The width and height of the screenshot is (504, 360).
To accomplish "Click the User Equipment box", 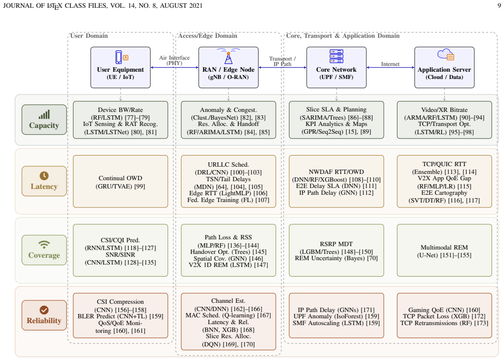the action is [x=121, y=67].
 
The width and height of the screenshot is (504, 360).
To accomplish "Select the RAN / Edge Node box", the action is [x=229, y=67].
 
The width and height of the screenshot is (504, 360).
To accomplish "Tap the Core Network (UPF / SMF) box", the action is [x=336, y=67].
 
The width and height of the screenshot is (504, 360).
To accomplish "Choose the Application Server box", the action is [x=444, y=67].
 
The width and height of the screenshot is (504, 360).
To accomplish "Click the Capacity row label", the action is [x=45, y=120].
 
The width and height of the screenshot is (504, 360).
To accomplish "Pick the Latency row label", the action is [x=45, y=181].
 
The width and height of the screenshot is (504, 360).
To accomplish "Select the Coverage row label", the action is [x=45, y=250].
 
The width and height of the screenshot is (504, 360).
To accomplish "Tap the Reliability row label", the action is [x=45, y=315].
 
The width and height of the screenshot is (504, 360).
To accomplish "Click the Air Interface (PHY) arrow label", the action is [x=174, y=60].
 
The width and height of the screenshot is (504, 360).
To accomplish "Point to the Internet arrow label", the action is [x=390, y=64].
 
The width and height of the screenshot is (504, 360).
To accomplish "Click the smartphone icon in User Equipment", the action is [x=119, y=57].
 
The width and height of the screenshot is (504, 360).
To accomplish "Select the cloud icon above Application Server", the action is [x=446, y=54].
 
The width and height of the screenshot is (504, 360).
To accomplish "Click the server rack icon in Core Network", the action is [x=336, y=56].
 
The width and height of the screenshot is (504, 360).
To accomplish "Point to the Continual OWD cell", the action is [x=121, y=182].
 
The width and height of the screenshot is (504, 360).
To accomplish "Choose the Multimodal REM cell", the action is [x=444, y=250].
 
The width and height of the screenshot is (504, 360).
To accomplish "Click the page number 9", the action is [x=499, y=5].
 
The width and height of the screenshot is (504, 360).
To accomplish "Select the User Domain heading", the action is [x=89, y=36].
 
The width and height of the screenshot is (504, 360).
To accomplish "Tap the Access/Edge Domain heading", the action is [x=208, y=36].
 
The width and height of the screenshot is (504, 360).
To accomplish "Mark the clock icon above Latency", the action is [x=44, y=176].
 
